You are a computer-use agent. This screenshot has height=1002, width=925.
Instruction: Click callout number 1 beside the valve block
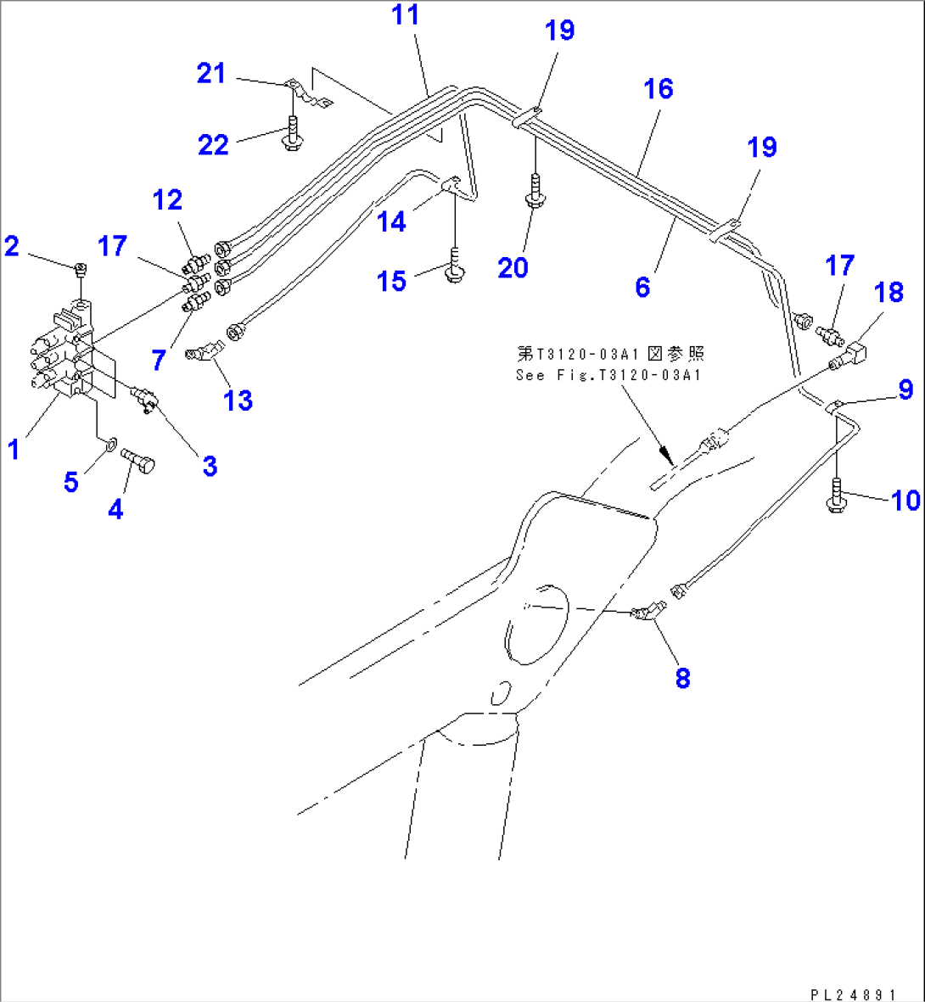tap(14, 449)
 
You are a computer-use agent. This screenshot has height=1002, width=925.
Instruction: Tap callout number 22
tap(213, 145)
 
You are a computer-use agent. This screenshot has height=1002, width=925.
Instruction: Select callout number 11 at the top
tap(406, 15)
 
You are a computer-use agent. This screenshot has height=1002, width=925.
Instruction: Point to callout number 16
tap(659, 88)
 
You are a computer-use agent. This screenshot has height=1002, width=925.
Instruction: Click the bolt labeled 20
tap(535, 192)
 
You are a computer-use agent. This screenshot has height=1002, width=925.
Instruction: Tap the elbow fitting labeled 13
tap(204, 350)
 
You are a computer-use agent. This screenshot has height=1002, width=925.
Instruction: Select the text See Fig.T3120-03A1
tap(608, 375)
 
